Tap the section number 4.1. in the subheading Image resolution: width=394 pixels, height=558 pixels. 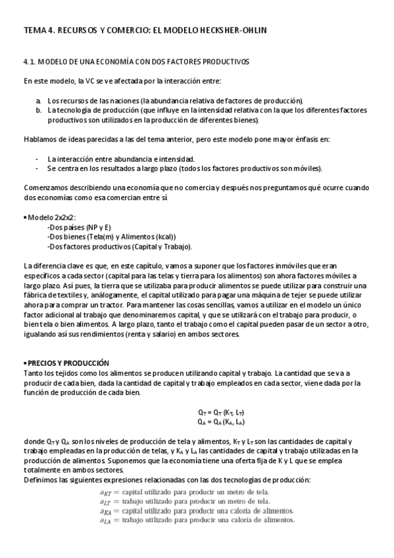click(29, 62)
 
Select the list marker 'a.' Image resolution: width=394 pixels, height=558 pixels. click(39, 100)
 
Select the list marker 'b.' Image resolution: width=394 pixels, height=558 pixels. click(39, 110)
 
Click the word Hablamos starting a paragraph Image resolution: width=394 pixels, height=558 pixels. click(38, 139)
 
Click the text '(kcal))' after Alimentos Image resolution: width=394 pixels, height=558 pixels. click(164, 237)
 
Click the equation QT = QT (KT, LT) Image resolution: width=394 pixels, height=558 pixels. click(216, 412)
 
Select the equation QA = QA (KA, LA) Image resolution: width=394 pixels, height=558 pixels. click(216, 422)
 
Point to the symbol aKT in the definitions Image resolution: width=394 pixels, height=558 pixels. click(105, 492)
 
